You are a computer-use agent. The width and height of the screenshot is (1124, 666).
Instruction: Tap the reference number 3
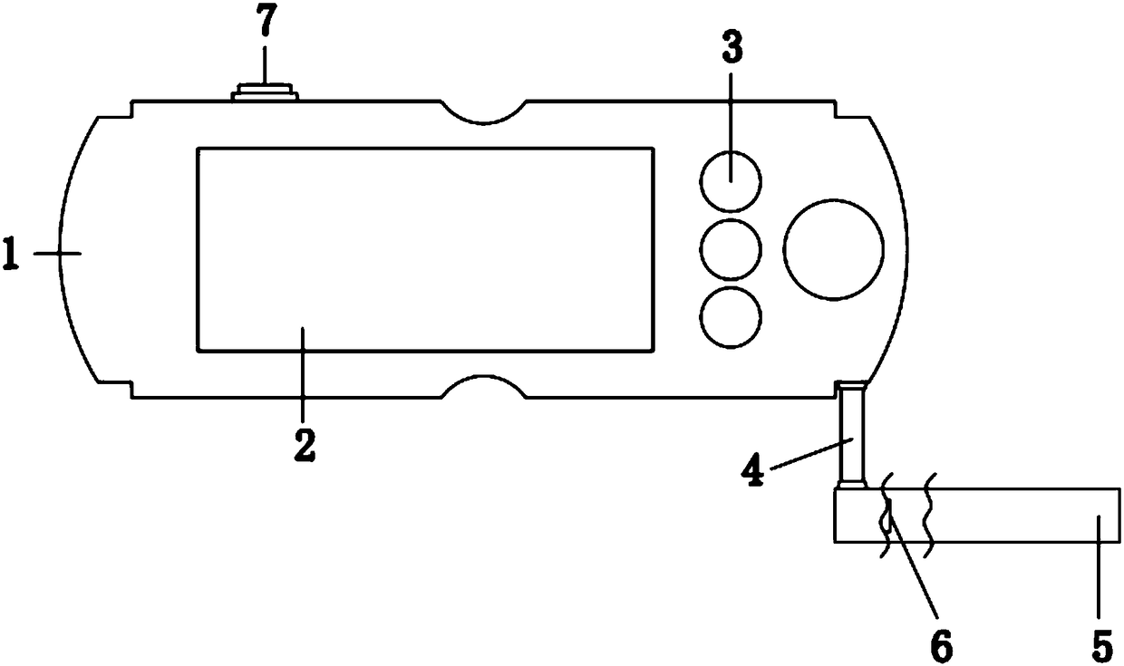(x=732, y=47)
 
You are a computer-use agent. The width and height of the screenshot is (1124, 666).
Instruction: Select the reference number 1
(x=11, y=254)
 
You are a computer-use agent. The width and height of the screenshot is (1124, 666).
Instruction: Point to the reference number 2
(x=305, y=444)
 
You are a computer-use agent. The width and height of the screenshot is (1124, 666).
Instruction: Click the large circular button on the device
(x=833, y=250)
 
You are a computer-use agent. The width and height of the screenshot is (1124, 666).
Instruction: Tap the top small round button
(x=731, y=181)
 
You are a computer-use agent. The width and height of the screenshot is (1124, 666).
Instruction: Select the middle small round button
(x=731, y=250)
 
